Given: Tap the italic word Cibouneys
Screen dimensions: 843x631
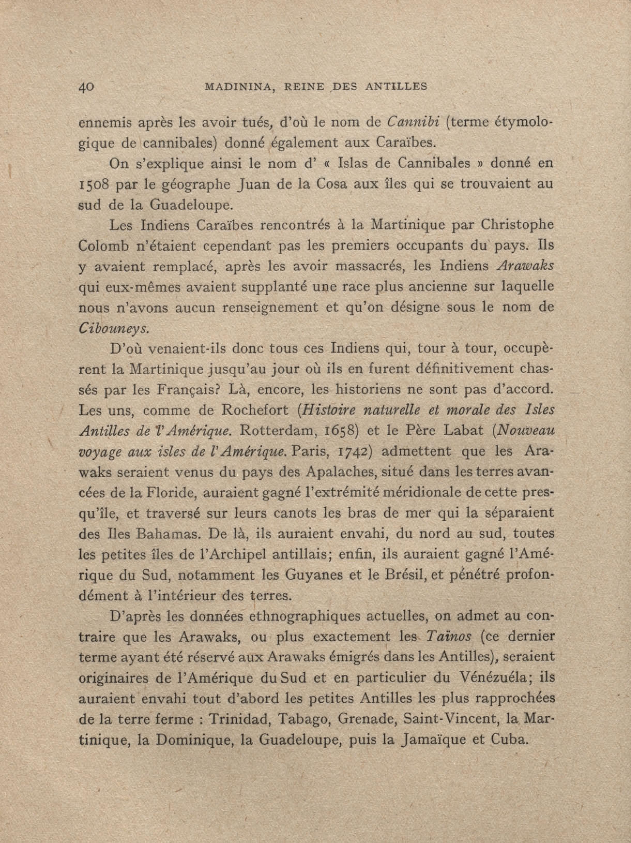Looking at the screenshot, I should click(x=113, y=329).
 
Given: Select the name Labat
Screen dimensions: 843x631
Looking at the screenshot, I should click(x=461, y=431).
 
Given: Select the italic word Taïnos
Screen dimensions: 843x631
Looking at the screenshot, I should click(x=448, y=636).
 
